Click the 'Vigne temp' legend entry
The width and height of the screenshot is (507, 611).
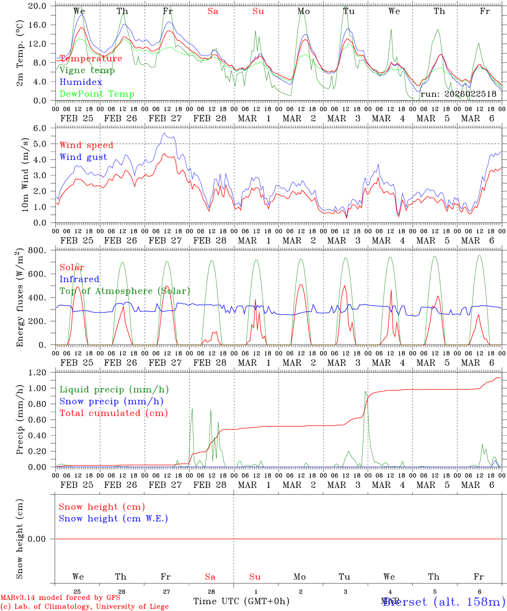pos(87,70)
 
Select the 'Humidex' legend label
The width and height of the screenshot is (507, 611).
pos(81,82)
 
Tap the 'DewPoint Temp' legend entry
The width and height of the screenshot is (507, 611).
pos(97,94)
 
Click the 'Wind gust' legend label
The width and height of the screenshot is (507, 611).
pos(83,157)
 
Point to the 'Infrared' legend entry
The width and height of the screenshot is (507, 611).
pos(79,279)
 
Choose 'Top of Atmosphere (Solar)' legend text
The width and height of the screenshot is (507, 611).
pos(124,291)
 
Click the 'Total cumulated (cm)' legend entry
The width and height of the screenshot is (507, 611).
pos(113,413)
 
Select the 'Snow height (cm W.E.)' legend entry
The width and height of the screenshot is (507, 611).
pos(113,519)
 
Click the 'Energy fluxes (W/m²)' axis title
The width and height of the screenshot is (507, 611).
pos(20,298)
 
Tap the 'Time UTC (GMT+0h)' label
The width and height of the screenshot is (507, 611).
pos(241,601)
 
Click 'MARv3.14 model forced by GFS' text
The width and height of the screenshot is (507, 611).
pos(60,598)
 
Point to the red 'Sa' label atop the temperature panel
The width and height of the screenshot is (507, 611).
pos(213,11)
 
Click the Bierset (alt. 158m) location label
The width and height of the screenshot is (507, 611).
pos(444,602)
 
